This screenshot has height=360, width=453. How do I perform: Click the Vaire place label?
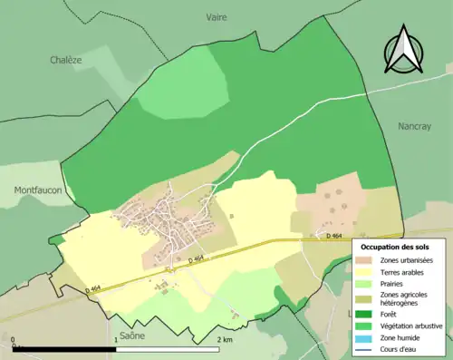[x=217, y=17]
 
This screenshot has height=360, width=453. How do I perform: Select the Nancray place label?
[x=414, y=128]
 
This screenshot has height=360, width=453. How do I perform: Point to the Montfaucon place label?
[x=36, y=190]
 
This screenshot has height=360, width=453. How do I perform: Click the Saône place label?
[x=130, y=335]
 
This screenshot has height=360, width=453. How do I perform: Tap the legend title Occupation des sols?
[x=395, y=246]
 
